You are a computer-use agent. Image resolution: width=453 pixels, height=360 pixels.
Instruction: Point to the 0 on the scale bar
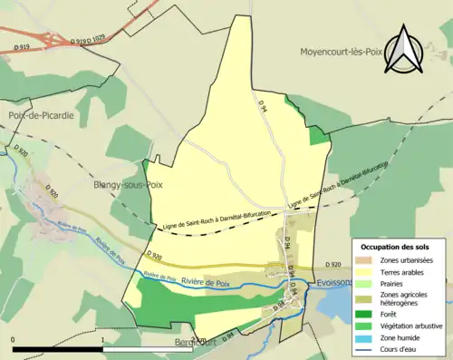(13, 340)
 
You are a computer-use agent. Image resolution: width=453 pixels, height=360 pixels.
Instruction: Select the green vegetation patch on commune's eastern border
(317, 135)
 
